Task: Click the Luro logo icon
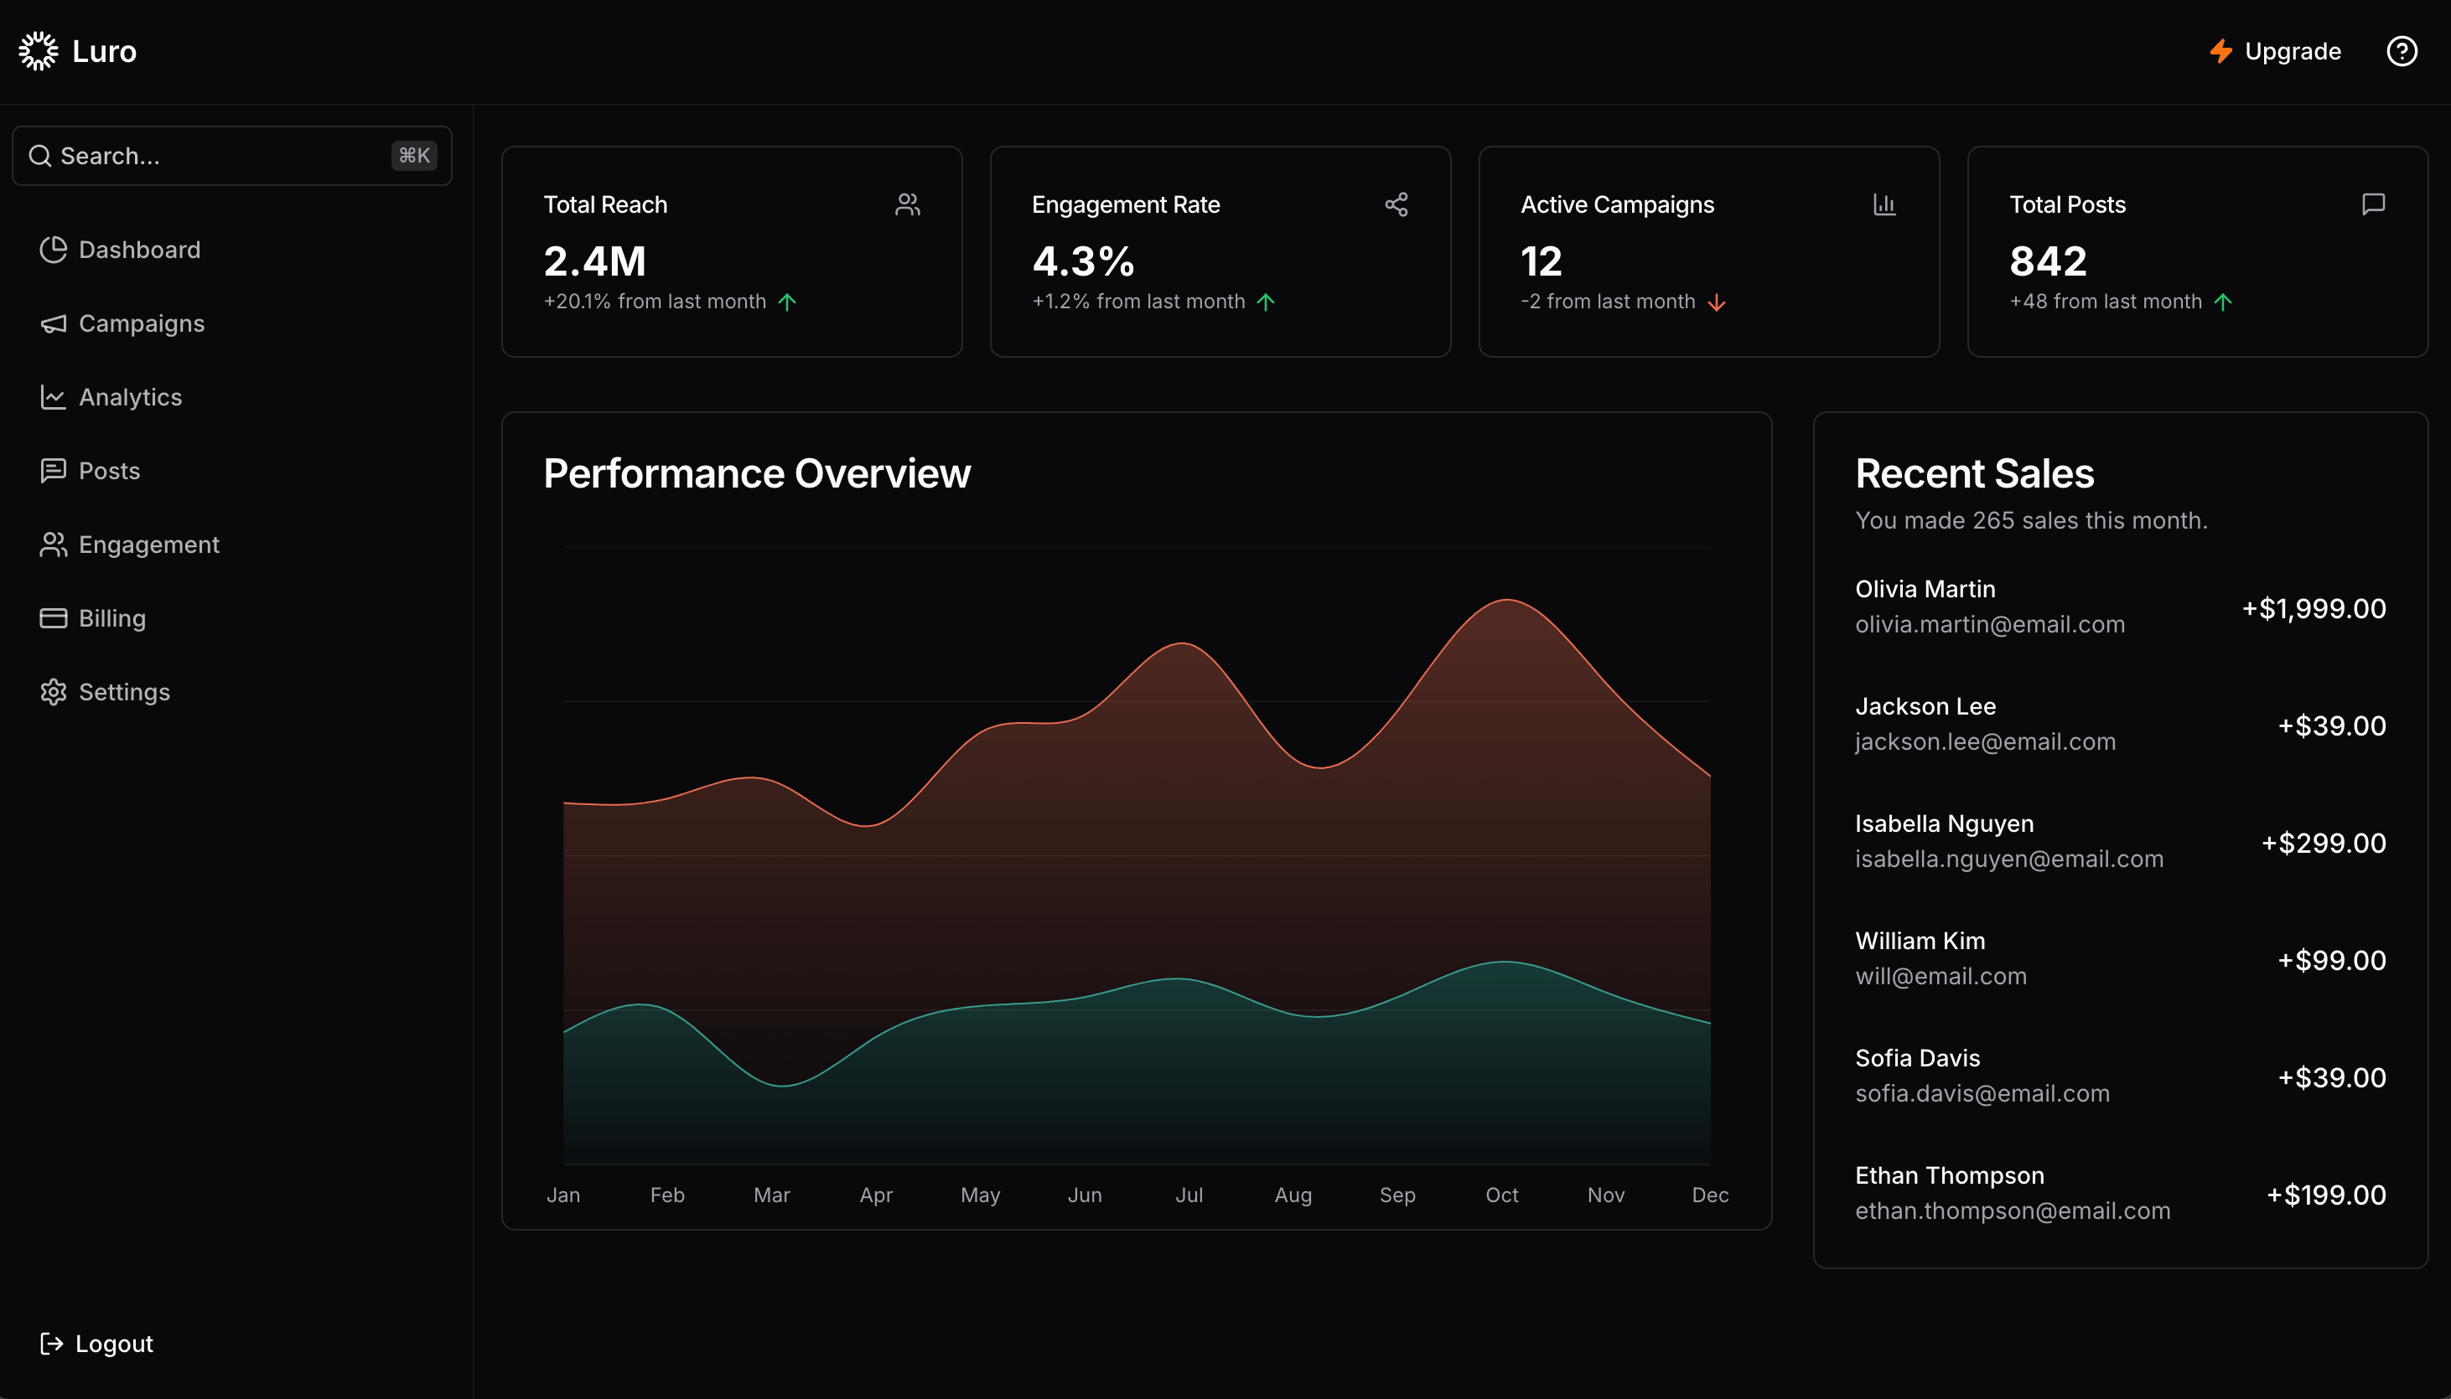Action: click(x=39, y=51)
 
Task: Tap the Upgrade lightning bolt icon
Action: click(x=2220, y=51)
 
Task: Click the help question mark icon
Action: click(x=2401, y=51)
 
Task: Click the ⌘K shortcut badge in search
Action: click(x=414, y=156)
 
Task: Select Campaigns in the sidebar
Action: click(x=142, y=324)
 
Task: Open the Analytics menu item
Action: click(x=130, y=397)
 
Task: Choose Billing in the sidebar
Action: click(x=111, y=618)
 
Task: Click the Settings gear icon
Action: click(x=53, y=692)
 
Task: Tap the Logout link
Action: click(x=113, y=1343)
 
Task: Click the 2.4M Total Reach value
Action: click(x=594, y=261)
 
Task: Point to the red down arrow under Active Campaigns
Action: click(x=1717, y=302)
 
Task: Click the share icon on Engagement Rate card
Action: click(x=1396, y=204)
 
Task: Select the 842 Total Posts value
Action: click(x=2047, y=261)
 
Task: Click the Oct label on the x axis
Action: click(x=1501, y=1195)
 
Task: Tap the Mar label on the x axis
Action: click(x=771, y=1195)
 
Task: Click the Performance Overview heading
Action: click(x=756, y=473)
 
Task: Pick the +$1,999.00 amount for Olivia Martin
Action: click(x=2313, y=608)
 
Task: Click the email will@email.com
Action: click(x=1940, y=976)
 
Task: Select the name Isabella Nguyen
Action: click(x=1944, y=823)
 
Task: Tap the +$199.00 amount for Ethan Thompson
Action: click(x=2325, y=1195)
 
